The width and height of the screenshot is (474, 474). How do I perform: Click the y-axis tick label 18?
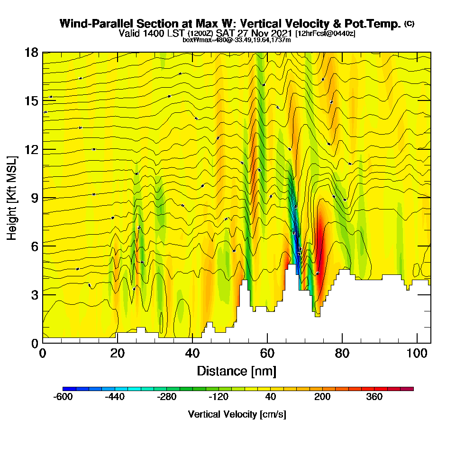pyautogui.click(x=31, y=53)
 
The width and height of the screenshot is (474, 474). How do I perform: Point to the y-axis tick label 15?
pyautogui.click(x=31, y=101)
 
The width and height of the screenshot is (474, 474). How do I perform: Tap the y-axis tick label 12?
pyautogui.click(x=31, y=149)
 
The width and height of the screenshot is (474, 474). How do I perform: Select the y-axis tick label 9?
pyautogui.click(x=34, y=198)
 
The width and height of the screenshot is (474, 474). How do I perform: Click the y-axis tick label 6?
pyautogui.click(x=34, y=246)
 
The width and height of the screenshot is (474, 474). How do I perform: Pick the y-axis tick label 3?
pyautogui.click(x=34, y=294)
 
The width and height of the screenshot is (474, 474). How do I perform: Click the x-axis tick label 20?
pyautogui.click(x=117, y=354)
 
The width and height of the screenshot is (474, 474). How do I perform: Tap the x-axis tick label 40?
pyautogui.click(x=192, y=354)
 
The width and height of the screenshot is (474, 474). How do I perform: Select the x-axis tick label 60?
pyautogui.click(x=267, y=354)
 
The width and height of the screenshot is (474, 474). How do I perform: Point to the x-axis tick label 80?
pyautogui.click(x=342, y=354)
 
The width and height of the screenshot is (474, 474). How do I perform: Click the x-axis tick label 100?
pyautogui.click(x=417, y=354)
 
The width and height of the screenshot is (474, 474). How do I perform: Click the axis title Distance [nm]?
pyautogui.click(x=237, y=371)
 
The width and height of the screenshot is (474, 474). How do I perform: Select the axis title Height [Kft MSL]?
pyautogui.click(x=12, y=198)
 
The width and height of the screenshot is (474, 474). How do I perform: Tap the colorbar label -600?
pyautogui.click(x=63, y=397)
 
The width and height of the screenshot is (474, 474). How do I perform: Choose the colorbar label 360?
pyautogui.click(x=374, y=397)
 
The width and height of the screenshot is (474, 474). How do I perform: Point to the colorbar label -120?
pyautogui.click(x=219, y=397)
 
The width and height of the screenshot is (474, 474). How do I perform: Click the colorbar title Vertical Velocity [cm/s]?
pyautogui.click(x=237, y=414)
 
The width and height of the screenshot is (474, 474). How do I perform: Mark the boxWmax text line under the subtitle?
pyautogui.click(x=237, y=40)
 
